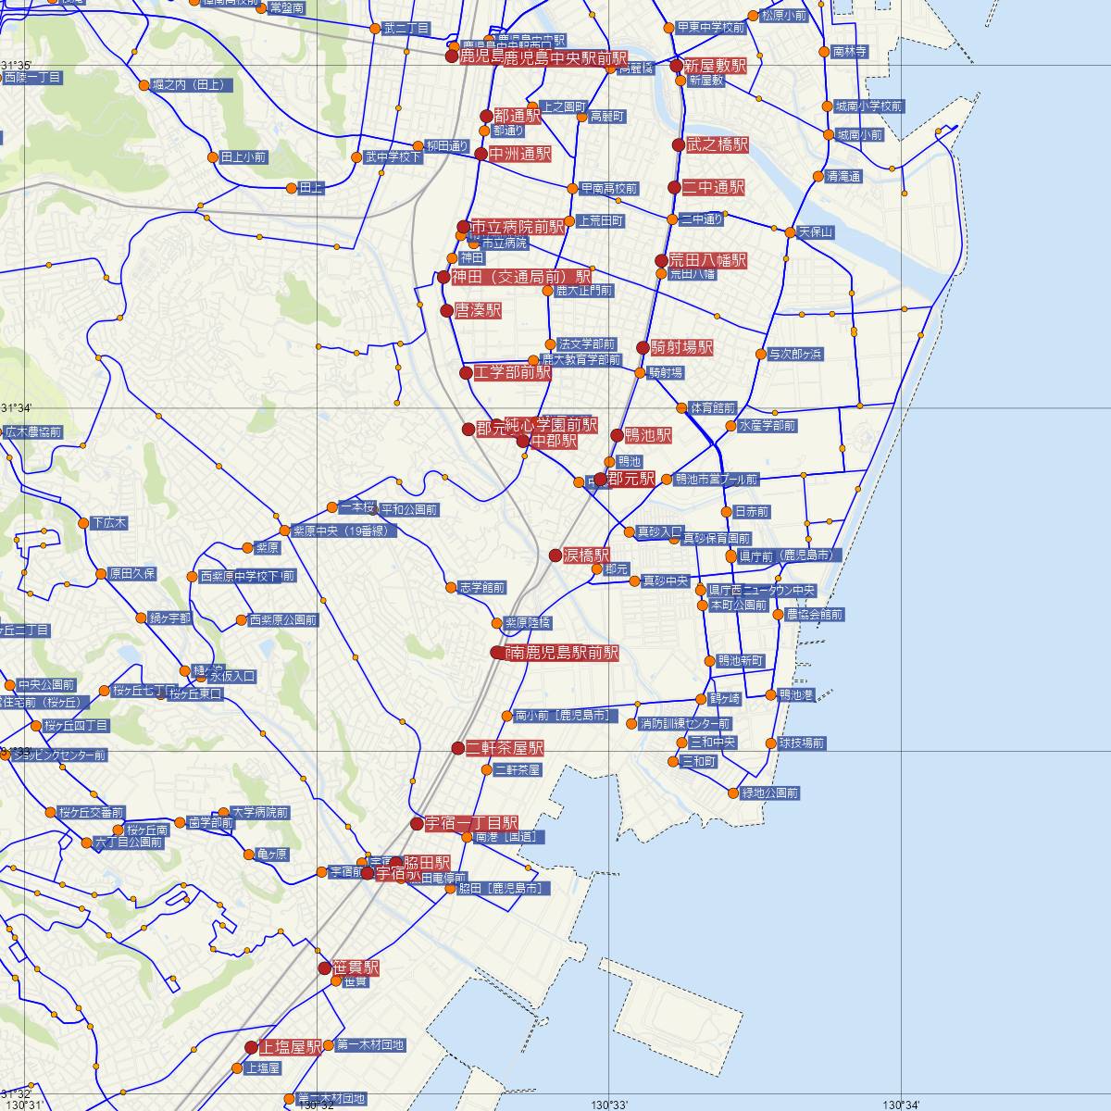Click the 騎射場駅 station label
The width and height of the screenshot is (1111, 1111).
[681, 348]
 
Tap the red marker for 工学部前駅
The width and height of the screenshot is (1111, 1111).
[467, 373]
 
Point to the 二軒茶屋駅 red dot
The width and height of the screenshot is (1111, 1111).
[457, 747]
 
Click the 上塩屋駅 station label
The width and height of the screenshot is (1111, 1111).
[290, 1047]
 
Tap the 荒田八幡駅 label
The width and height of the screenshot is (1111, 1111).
[707, 261]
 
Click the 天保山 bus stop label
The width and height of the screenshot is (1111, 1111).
[816, 231]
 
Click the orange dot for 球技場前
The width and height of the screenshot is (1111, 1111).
[770, 743]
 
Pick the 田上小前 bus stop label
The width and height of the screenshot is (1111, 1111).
[243, 157]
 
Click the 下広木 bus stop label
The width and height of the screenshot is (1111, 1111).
[109, 523]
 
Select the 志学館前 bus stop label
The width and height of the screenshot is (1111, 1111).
[481, 587]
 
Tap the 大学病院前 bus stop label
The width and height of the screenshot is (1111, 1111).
[260, 812]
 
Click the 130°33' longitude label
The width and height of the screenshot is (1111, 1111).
[609, 1104]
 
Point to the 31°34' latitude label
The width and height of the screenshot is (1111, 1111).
[16, 408]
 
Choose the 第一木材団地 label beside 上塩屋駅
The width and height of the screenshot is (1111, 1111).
[370, 1045]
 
